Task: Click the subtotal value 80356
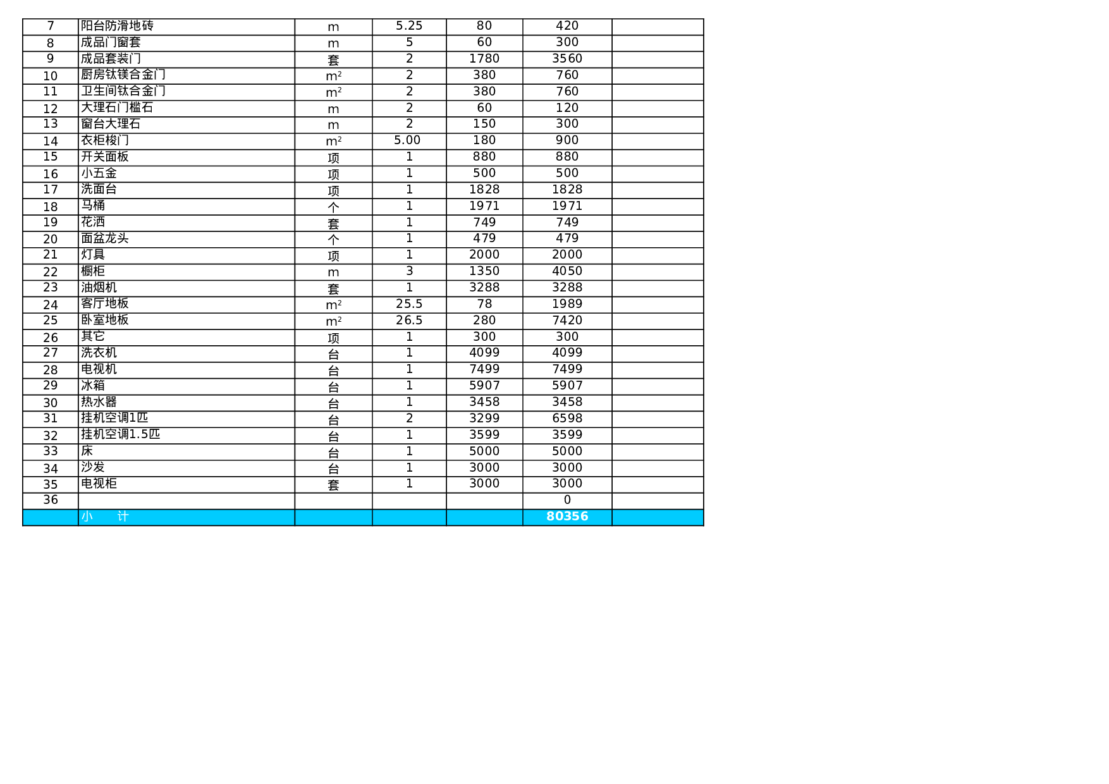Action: coord(567,517)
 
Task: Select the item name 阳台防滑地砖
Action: coord(117,26)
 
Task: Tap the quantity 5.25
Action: coord(409,26)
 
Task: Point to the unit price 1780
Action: coord(484,59)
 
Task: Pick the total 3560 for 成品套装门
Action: coord(567,59)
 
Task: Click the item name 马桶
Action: coord(93,205)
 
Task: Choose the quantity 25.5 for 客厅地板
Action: coord(409,304)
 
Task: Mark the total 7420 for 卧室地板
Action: coord(567,321)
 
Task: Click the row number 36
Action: coord(51,500)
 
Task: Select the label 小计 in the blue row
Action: coord(105,517)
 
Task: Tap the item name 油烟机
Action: coord(99,288)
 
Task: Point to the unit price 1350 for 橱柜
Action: coord(484,271)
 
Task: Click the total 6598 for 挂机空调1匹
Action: coord(567,419)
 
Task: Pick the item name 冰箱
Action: coord(93,386)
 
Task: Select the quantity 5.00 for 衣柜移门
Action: coord(407,140)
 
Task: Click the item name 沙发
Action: coord(93,467)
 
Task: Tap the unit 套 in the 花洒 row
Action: coord(333,223)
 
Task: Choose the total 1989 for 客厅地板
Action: coord(567,304)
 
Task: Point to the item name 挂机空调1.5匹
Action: coord(120,434)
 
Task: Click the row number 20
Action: coord(51,239)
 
